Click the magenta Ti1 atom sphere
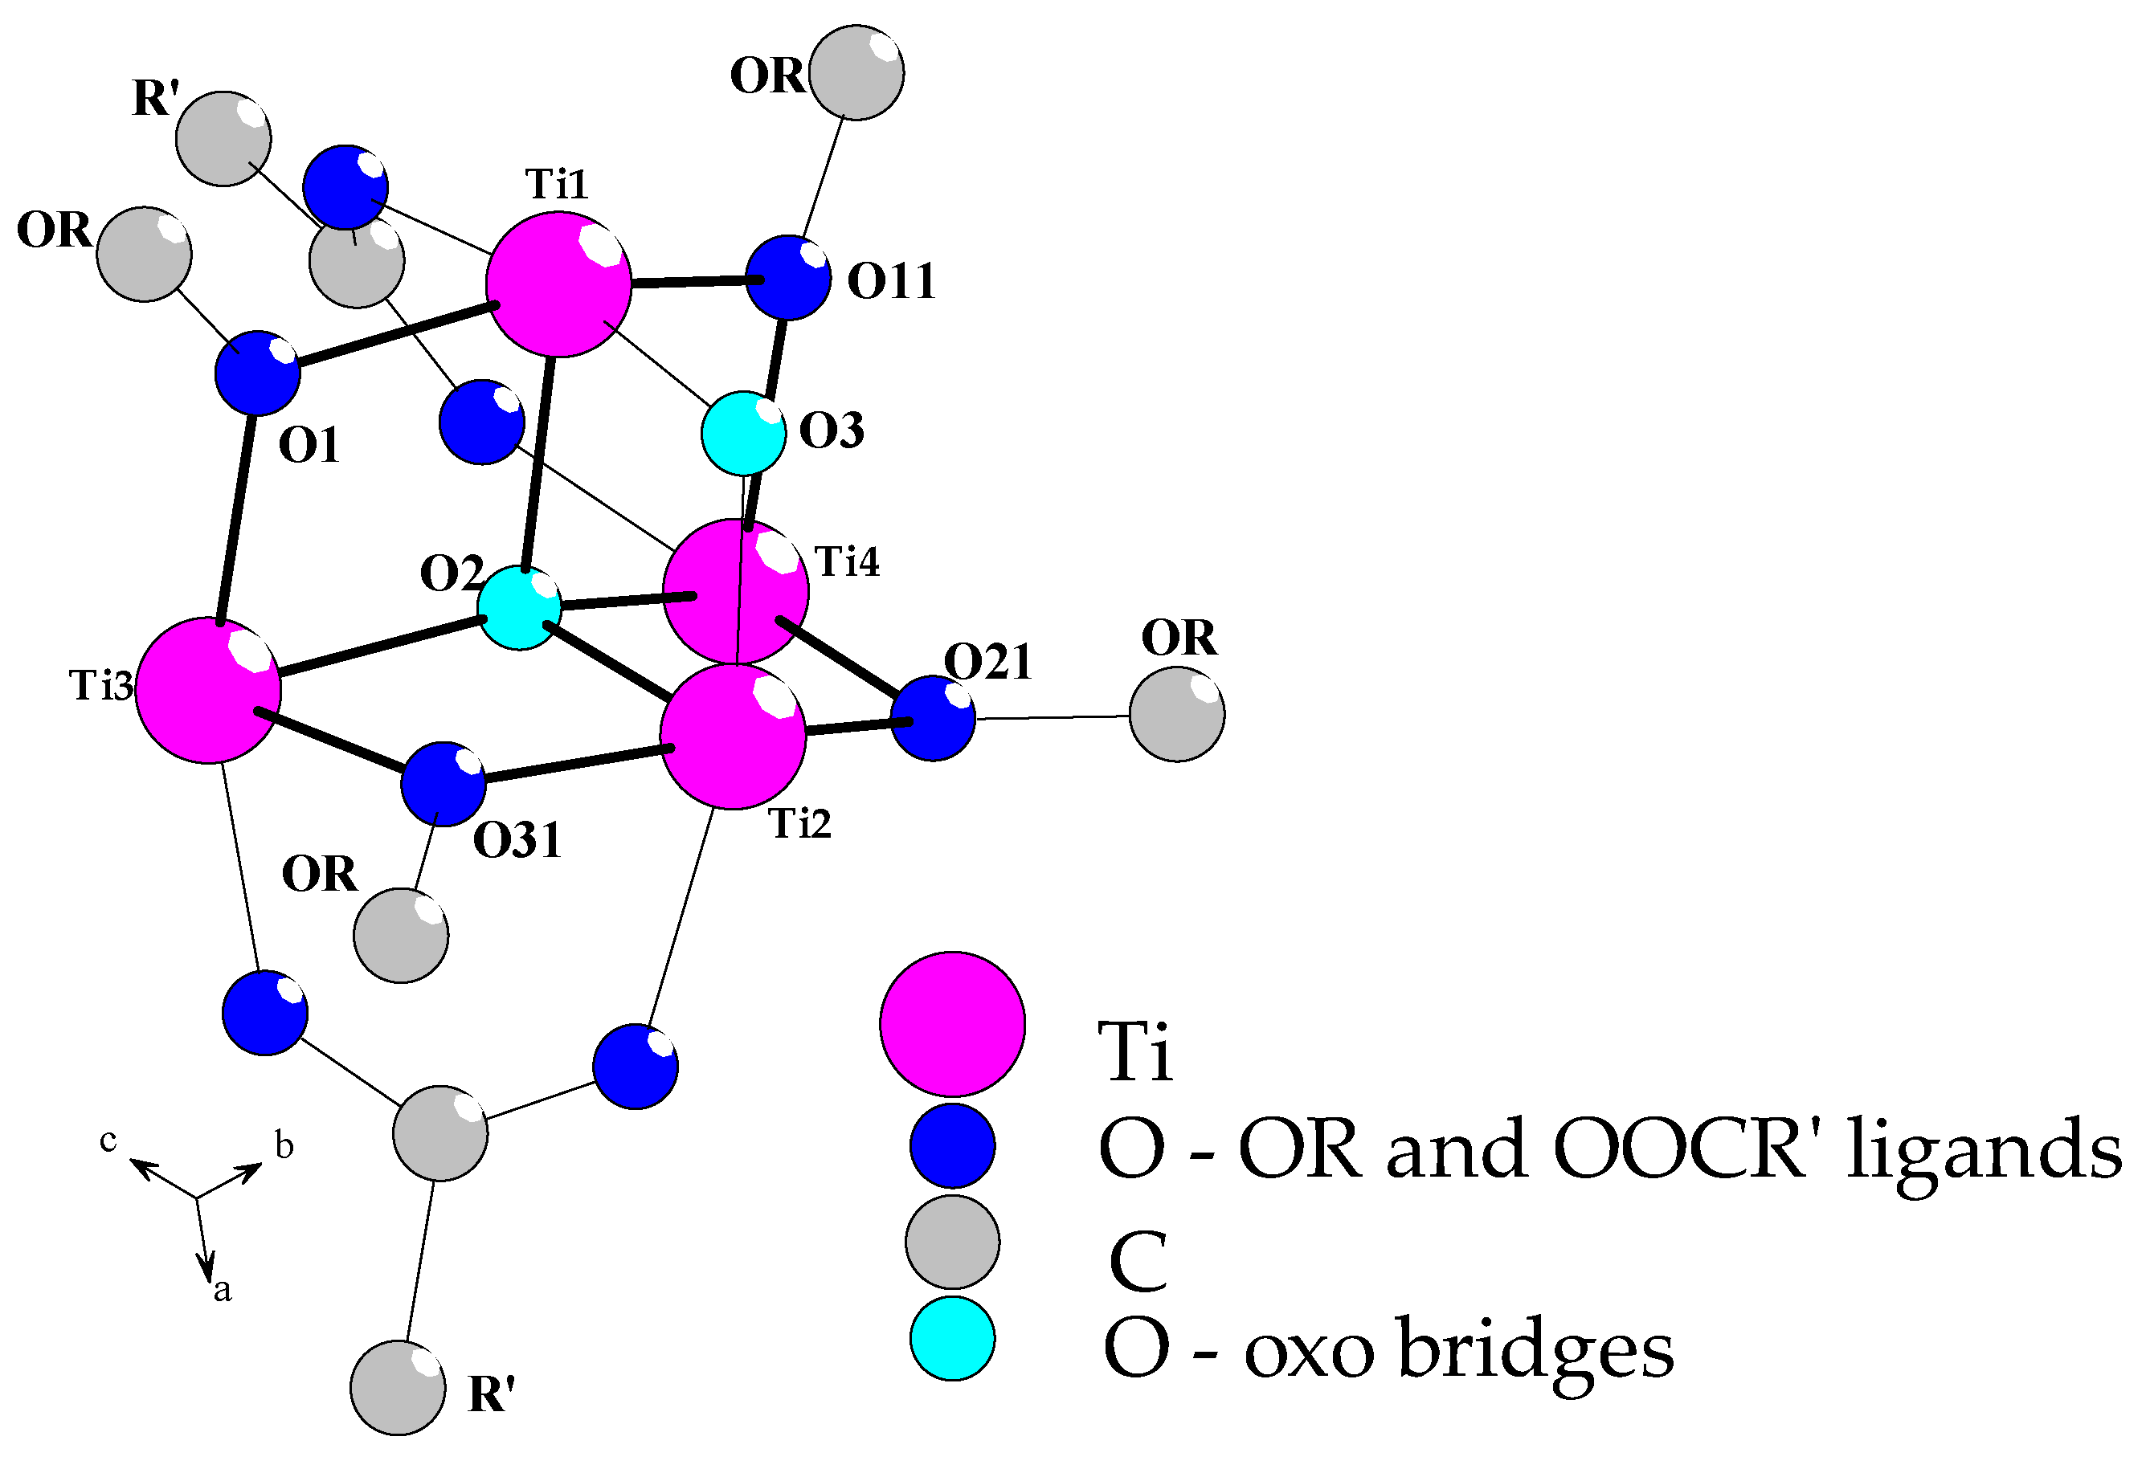558,284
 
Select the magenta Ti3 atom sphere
208,690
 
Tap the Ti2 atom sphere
734,736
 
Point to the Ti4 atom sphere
736,591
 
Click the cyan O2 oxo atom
519,609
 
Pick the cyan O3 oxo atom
743,433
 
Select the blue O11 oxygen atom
787,278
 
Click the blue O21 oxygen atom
933,718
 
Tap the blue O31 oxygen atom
444,783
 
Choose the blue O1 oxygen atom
258,373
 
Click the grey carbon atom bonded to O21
1176,715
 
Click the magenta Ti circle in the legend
952,1024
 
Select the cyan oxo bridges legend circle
952,1339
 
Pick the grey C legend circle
952,1242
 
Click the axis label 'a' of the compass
222,1291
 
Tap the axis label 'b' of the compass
284,1147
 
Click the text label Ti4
847,561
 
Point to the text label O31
517,840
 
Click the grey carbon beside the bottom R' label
398,1388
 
